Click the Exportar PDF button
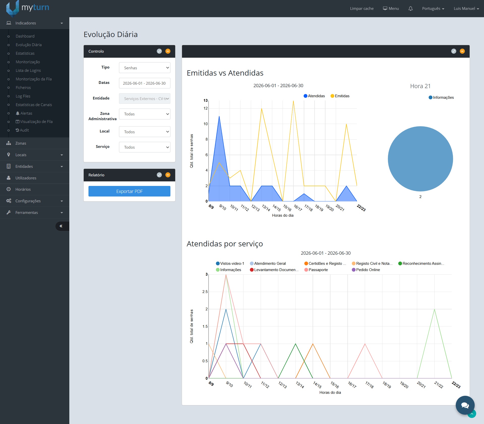129,191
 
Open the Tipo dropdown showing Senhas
145,68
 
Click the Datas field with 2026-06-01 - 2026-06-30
145,83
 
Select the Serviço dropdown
145,147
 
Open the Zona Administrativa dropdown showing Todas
145,114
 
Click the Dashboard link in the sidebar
25,36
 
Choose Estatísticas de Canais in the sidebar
34,105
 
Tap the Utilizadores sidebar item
26,178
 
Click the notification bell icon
410,9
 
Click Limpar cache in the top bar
362,9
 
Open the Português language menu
433,9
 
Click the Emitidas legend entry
340,96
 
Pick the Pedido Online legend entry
366,270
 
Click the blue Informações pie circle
420,159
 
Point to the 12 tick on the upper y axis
206,108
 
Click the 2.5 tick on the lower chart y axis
205,292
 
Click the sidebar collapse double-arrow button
61,226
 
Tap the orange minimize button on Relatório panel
168,175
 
